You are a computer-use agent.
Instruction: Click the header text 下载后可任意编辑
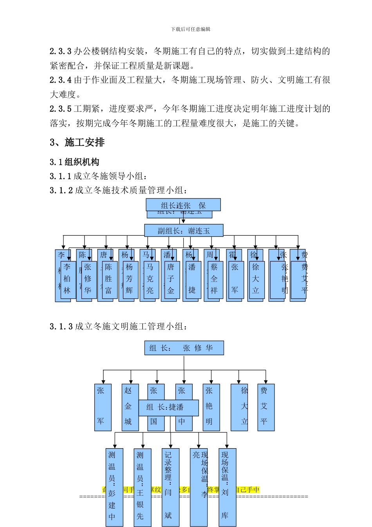[x=190, y=29]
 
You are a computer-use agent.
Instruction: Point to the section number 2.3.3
[x=61, y=51]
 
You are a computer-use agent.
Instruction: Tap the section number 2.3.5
[x=61, y=109]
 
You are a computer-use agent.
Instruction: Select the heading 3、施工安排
[x=77, y=142]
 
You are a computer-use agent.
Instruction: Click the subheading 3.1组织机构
[x=74, y=162]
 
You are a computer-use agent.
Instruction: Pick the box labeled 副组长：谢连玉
[x=184, y=231]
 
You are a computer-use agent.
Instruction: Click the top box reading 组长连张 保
[x=183, y=205]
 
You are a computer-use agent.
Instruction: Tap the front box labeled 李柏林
[x=67, y=279]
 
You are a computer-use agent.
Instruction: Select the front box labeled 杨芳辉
[x=129, y=279]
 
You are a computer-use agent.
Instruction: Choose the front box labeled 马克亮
[x=150, y=279]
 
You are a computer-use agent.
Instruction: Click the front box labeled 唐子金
[x=171, y=279]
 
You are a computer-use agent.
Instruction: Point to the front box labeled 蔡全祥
[x=214, y=279]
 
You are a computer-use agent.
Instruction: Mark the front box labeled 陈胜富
[x=108, y=279]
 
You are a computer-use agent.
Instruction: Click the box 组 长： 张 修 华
[x=184, y=348]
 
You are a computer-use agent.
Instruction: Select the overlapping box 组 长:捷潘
[x=168, y=407]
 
